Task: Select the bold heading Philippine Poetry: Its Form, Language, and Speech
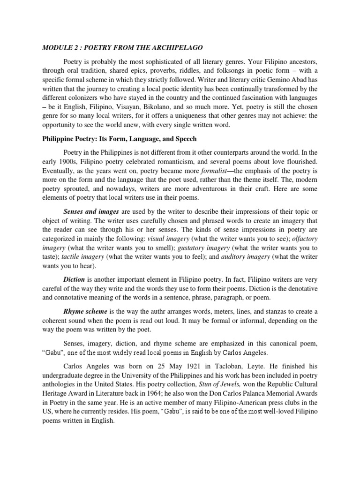[x=120, y=139]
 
